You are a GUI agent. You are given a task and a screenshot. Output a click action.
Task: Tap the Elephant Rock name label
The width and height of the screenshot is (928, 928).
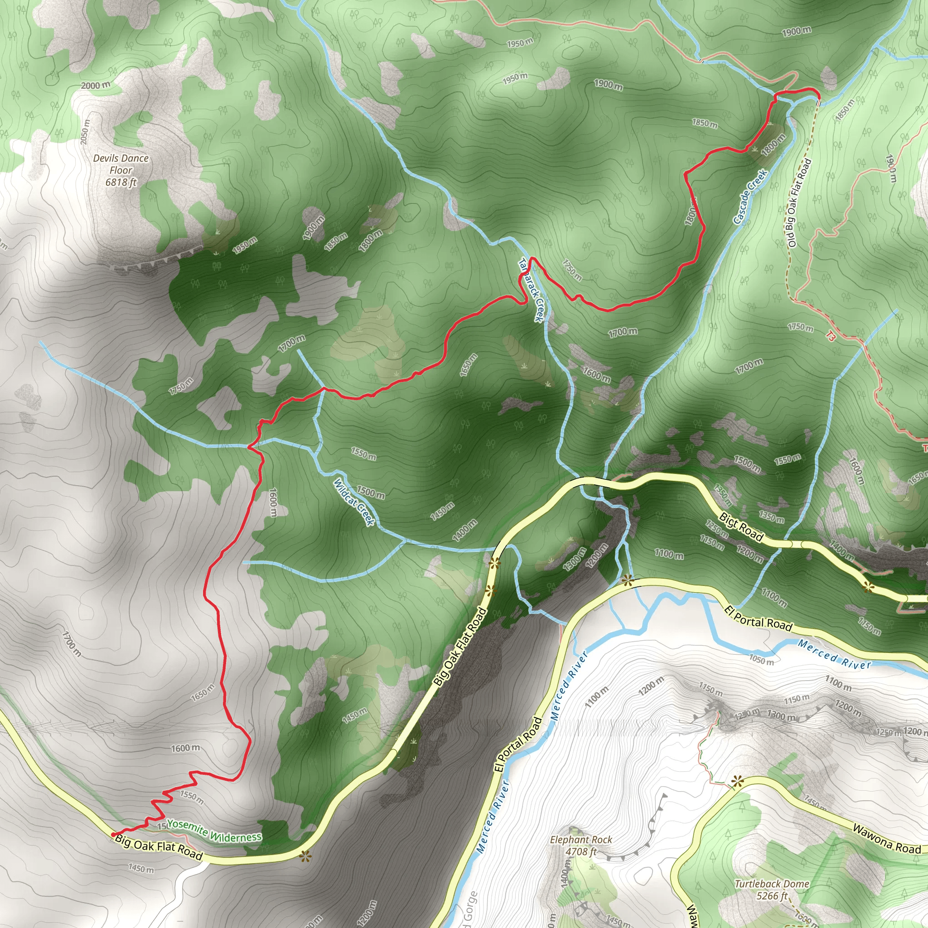tap(581, 840)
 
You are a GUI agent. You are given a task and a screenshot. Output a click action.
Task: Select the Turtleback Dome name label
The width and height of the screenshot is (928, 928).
tap(772, 884)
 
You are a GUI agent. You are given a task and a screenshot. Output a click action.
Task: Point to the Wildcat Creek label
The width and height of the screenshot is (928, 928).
tap(354, 502)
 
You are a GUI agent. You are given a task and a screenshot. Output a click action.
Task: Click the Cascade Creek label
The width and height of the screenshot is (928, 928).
tap(750, 197)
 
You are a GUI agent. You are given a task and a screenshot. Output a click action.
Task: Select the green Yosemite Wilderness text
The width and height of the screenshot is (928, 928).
tap(214, 831)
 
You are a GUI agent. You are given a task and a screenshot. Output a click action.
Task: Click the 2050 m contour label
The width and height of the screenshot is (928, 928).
tap(85, 131)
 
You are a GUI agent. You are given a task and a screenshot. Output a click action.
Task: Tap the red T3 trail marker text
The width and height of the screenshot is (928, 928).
tap(831, 336)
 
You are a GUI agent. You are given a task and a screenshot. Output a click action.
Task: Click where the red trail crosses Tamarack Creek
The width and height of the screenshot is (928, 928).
tap(530, 260)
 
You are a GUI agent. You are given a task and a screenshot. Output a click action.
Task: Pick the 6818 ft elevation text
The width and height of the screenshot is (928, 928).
tap(121, 183)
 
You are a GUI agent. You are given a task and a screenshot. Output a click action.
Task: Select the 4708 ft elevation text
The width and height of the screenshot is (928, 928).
tap(581, 851)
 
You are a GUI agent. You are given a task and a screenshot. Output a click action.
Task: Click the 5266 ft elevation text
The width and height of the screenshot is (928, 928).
tap(772, 896)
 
